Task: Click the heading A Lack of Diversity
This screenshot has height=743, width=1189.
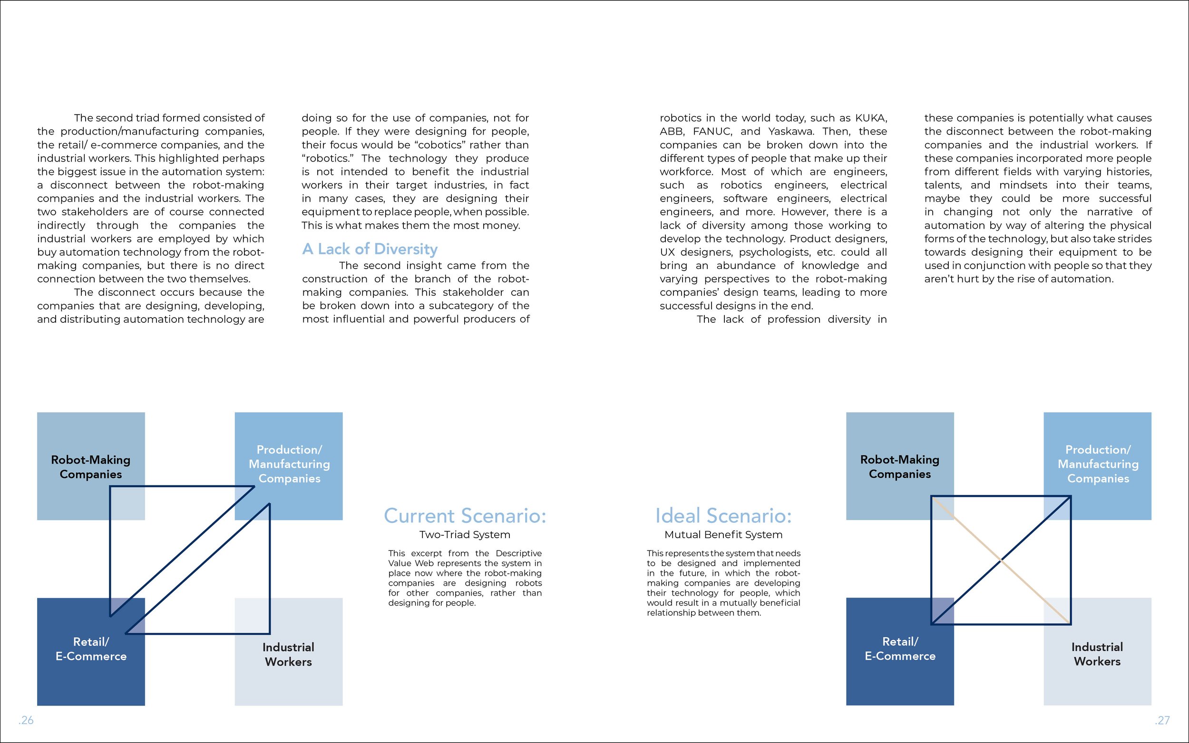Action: pos(370,249)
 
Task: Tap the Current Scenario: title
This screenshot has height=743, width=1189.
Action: pos(465,516)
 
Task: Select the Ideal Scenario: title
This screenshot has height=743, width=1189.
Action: pos(723,516)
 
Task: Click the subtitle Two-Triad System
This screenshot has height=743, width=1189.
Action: pos(465,535)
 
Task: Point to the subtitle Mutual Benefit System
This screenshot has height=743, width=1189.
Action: pos(723,535)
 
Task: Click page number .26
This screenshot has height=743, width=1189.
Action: pos(26,720)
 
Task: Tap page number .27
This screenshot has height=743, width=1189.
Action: pos(1162,720)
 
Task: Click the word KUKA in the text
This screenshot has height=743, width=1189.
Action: pos(870,118)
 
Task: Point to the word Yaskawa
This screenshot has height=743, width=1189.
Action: pos(791,131)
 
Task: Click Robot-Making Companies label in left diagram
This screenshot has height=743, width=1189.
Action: pos(91,467)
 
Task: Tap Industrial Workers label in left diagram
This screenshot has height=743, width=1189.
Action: pos(289,654)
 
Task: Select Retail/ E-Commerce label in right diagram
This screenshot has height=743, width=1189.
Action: pos(900,649)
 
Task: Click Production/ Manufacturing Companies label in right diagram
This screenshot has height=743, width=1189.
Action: pos(1098,464)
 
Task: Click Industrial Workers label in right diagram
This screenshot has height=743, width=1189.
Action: pos(1097,654)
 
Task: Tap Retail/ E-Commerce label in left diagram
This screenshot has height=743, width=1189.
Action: pos(91,649)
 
